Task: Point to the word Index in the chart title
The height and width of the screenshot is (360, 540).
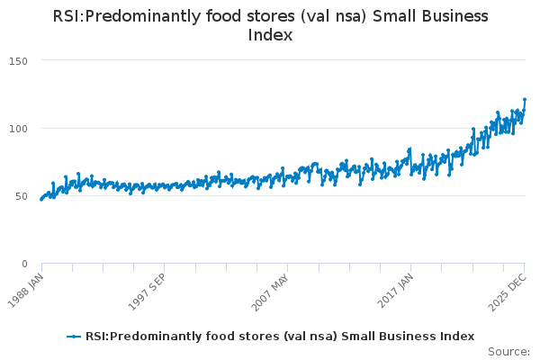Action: pos(270,36)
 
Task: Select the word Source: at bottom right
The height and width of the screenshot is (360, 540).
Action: pos(508,352)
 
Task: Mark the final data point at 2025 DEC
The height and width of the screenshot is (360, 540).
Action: pos(525,100)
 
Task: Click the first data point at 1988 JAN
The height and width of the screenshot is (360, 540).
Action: pos(41,199)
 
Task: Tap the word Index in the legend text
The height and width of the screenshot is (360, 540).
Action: pos(454,337)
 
